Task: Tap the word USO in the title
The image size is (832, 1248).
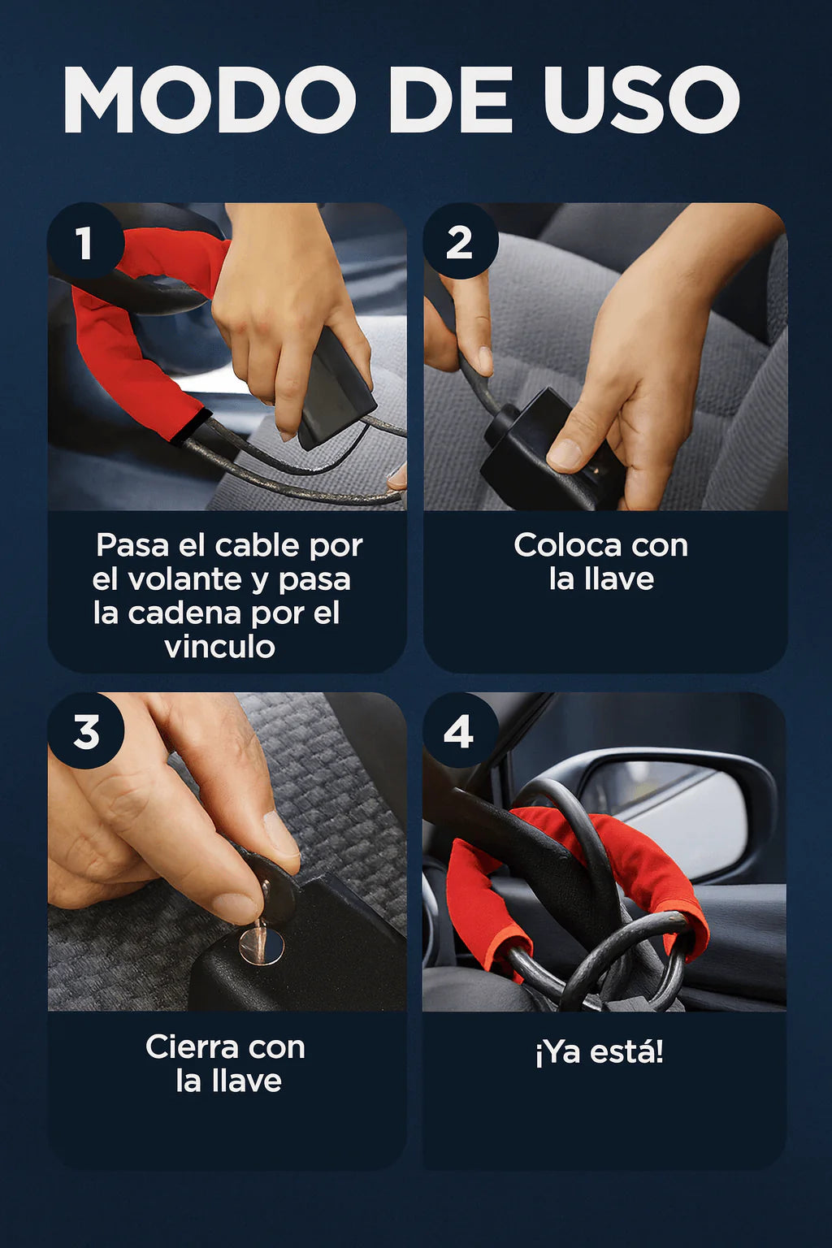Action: [x=642, y=99]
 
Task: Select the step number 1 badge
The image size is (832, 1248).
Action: [x=85, y=240]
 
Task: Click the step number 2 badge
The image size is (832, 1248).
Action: [x=461, y=240]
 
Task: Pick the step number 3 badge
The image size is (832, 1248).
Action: [x=85, y=731]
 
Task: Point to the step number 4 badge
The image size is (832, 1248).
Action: [x=461, y=731]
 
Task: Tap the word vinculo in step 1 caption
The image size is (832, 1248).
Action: [x=219, y=648]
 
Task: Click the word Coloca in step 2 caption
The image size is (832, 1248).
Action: [x=567, y=545]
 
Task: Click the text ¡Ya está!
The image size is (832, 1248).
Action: [x=600, y=1052]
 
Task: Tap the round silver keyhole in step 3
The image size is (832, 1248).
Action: [x=262, y=945]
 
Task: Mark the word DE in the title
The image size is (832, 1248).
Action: [x=450, y=99]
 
